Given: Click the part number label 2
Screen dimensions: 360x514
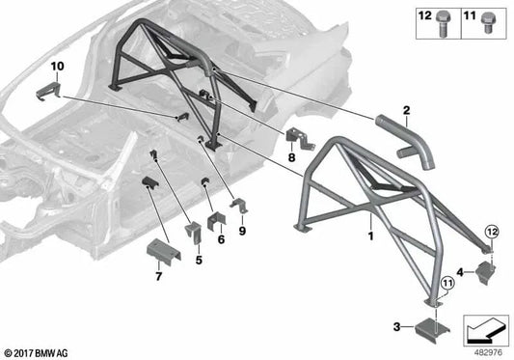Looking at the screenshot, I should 407,111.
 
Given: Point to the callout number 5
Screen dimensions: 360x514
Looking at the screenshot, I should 199,260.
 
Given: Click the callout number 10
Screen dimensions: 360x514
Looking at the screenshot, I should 57,66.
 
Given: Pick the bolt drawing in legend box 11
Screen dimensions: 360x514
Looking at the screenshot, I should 494,20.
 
